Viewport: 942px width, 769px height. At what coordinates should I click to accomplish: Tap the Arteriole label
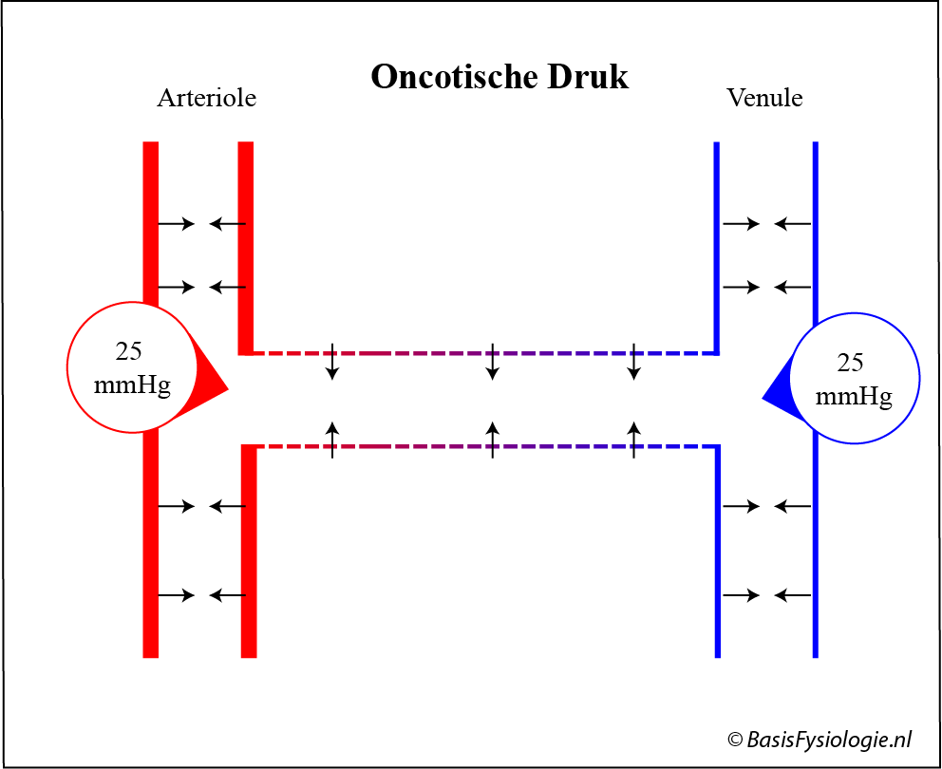(206, 98)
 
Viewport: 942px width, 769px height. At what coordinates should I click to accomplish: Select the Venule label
(764, 98)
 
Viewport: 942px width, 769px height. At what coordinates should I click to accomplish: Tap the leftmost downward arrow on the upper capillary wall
(332, 362)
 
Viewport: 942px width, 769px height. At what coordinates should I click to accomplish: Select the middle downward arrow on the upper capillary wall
(492, 362)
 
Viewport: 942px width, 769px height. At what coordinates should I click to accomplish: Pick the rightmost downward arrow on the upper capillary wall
(633, 362)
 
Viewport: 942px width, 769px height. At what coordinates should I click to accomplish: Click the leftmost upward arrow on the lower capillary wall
(332, 440)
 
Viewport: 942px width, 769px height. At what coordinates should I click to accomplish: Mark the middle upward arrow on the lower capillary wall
(492, 440)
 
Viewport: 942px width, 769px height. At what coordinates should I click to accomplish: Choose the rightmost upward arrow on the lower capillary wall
(633, 440)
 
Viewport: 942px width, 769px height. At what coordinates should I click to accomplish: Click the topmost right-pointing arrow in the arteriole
(177, 224)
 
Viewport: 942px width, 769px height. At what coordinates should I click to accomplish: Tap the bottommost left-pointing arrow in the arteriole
(227, 595)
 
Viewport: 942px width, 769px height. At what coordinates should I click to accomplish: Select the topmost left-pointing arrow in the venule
(792, 224)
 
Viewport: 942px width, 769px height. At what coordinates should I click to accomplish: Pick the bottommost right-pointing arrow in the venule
(742, 595)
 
